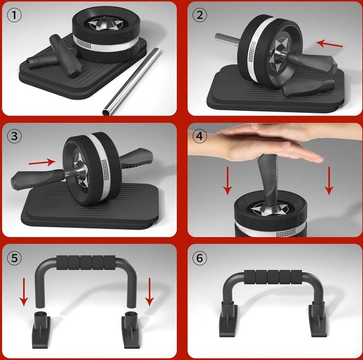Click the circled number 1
click(x=15, y=15)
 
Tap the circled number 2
click(x=199, y=15)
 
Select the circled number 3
click(x=15, y=136)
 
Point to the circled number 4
click(x=199, y=136)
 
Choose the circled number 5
click(x=15, y=258)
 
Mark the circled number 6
click(x=199, y=258)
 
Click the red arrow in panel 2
click(x=329, y=44)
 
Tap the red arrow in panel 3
click(x=42, y=162)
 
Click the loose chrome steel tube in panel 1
click(x=131, y=81)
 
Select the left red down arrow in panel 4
click(x=228, y=181)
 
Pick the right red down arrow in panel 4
click(x=329, y=181)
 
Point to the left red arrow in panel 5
click(x=24, y=292)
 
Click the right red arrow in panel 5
click(x=149, y=292)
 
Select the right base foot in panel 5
click(x=131, y=330)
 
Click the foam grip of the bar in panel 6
click(x=273, y=277)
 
